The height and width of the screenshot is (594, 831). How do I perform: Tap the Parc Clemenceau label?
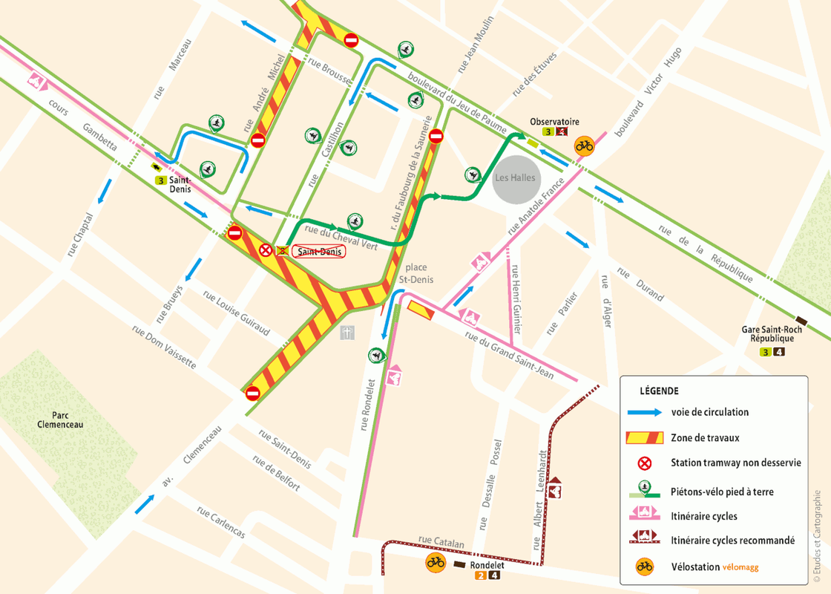pos(61,420)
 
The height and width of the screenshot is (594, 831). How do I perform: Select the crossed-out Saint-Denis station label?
pos(319,252)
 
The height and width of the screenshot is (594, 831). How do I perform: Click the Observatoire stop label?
pos(554,122)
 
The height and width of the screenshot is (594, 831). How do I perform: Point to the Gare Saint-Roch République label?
pos(772,334)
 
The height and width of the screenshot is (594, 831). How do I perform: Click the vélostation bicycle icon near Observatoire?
pos(585,146)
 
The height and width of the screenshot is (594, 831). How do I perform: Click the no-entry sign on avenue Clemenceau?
pos(252,392)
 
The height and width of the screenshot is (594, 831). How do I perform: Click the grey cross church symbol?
pos(347,333)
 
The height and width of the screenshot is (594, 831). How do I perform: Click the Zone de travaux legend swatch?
pos(644,437)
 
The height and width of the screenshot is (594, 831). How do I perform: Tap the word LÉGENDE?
pos(659,391)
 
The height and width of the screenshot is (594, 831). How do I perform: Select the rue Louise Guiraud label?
pos(237,312)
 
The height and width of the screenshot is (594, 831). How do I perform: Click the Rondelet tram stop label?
pos(488,564)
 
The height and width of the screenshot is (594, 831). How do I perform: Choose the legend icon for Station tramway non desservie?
pos(644,463)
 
